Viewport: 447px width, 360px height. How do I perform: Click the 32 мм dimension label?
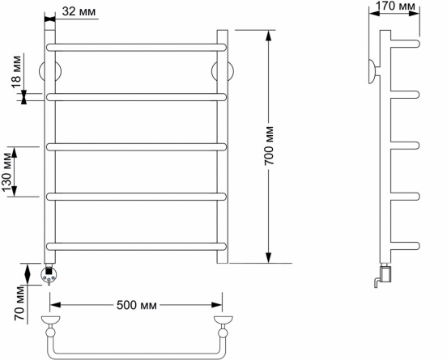79,11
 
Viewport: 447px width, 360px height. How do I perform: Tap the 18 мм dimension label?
16,72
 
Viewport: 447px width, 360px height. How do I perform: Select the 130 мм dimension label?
6,172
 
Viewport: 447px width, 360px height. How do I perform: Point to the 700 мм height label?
269,146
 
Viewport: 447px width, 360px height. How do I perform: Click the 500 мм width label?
137,305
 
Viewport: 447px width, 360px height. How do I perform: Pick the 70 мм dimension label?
19,303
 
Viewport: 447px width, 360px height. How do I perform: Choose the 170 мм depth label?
395,6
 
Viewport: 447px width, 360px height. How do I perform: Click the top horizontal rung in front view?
136,47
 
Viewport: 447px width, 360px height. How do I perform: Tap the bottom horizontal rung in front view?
136,247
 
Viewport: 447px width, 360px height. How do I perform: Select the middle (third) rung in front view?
136,147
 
